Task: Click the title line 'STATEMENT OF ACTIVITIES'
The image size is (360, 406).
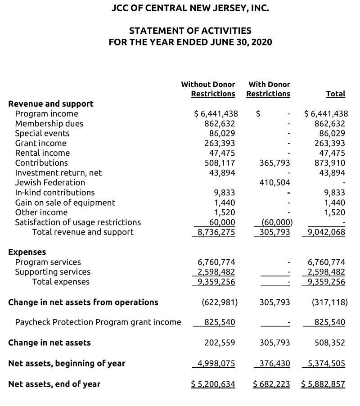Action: pyautogui.click(x=190, y=31)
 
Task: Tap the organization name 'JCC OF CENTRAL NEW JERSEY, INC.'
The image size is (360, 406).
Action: pyautogui.click(x=190, y=8)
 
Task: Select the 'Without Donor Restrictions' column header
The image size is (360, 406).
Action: pyautogui.click(x=208, y=89)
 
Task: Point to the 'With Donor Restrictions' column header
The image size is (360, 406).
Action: pyautogui.click(x=269, y=89)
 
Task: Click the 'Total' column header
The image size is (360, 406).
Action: pyautogui.click(x=335, y=94)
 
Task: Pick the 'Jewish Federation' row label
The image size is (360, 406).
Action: pyautogui.click(x=50, y=182)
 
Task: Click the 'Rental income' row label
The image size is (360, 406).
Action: pyautogui.click(x=42, y=153)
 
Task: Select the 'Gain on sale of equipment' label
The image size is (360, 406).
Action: pyautogui.click(x=65, y=203)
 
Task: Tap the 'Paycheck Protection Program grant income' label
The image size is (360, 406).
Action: pyautogui.click(x=98, y=322)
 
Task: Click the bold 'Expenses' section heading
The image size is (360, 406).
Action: pyautogui.click(x=27, y=252)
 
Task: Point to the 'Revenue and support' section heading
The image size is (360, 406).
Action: pyautogui.click(x=51, y=104)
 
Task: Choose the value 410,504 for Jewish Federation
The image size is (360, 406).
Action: pyautogui.click(x=275, y=182)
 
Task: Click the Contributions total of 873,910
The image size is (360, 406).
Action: pyautogui.click(x=330, y=163)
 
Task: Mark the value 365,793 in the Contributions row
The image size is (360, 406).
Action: pyautogui.click(x=275, y=163)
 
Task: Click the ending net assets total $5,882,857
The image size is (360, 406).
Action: pyautogui.click(x=323, y=384)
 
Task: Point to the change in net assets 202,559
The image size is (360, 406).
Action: pyautogui.click(x=220, y=343)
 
